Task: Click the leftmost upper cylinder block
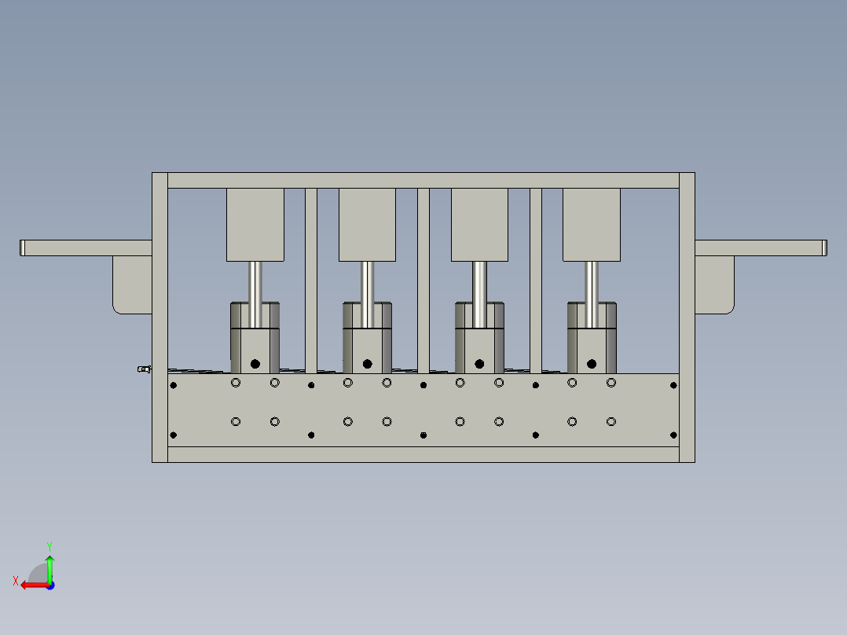(255, 225)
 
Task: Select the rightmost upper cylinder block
(591, 225)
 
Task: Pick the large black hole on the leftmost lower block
(255, 363)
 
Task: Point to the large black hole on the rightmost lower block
(592, 364)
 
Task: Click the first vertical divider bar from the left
(311, 280)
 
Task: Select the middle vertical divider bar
(423, 280)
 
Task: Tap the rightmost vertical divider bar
(536, 280)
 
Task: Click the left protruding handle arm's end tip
(24, 248)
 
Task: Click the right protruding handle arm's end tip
(824, 248)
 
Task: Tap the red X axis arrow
(30, 585)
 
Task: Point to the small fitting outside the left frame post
(143, 369)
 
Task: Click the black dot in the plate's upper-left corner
(174, 385)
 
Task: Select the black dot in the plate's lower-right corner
(673, 435)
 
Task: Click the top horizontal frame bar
(423, 180)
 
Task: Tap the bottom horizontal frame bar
(423, 454)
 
